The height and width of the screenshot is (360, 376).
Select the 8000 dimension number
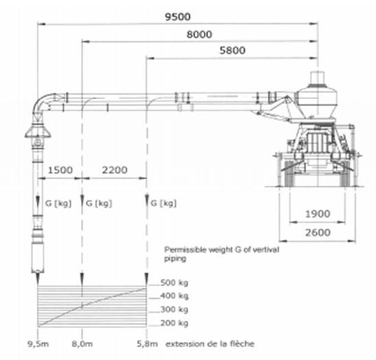click(x=198, y=34)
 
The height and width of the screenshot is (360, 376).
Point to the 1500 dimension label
click(x=58, y=168)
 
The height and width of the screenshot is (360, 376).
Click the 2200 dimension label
click(x=114, y=168)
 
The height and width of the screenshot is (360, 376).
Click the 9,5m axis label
click(x=36, y=342)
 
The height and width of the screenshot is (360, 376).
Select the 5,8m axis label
click(x=148, y=342)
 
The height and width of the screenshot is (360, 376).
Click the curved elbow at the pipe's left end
click(x=43, y=102)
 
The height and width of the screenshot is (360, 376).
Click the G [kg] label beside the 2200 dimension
click(x=96, y=203)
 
